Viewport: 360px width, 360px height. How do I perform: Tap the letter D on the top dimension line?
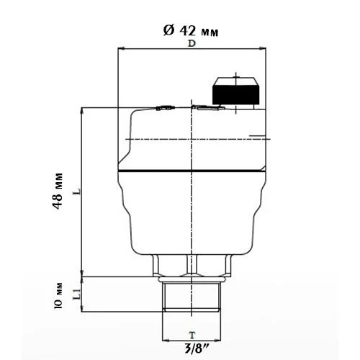(x=192, y=44)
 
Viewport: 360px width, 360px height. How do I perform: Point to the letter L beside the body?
(x=76, y=193)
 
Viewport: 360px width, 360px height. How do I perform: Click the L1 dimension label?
(x=76, y=293)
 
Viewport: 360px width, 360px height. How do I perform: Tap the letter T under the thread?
(x=191, y=335)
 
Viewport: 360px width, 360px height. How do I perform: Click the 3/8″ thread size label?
(x=192, y=349)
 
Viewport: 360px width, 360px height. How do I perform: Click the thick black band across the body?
(x=192, y=171)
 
